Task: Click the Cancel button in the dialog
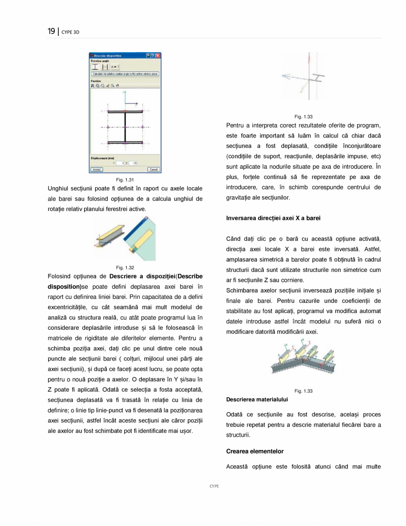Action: coord(153,169)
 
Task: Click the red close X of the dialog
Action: coord(158,56)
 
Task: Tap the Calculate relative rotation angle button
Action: coord(125,74)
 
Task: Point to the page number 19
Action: coord(51,31)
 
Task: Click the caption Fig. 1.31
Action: coord(125,179)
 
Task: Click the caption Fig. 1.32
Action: coord(125,267)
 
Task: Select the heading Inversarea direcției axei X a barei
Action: coord(273,218)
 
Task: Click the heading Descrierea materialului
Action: coord(257,399)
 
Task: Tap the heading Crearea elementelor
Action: coord(254,451)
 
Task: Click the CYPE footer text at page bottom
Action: coord(214,486)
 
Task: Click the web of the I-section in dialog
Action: coord(125,127)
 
